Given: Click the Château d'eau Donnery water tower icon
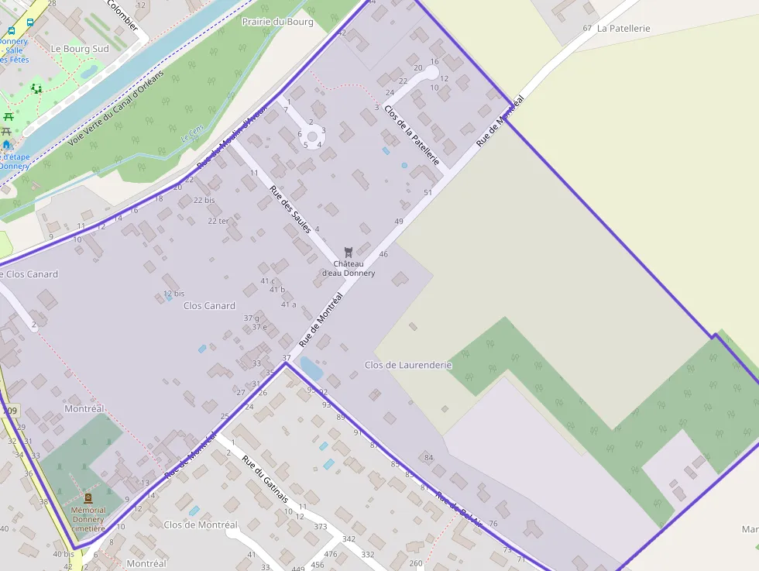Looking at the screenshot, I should coord(349,252).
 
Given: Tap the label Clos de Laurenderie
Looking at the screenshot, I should coord(407,364).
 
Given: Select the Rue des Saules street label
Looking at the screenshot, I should coord(290,209).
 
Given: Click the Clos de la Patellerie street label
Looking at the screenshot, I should coord(412,135).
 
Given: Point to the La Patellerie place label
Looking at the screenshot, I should coord(623,28).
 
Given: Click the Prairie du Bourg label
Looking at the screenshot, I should coord(277,22).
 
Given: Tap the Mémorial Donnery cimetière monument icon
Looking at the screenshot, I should coord(88,498).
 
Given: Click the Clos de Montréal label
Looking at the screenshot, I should coord(201,525).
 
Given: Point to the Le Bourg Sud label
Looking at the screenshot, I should coord(80,48).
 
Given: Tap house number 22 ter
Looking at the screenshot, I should coord(218,221).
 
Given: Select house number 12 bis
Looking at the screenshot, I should coord(174,294).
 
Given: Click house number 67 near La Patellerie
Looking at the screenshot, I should coord(587,28).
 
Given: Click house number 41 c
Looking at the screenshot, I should coord(268,280).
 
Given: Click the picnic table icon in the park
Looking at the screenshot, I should coord(9,117).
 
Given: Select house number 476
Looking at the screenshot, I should coord(331,554).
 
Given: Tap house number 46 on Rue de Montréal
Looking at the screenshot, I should coord(383,254).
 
